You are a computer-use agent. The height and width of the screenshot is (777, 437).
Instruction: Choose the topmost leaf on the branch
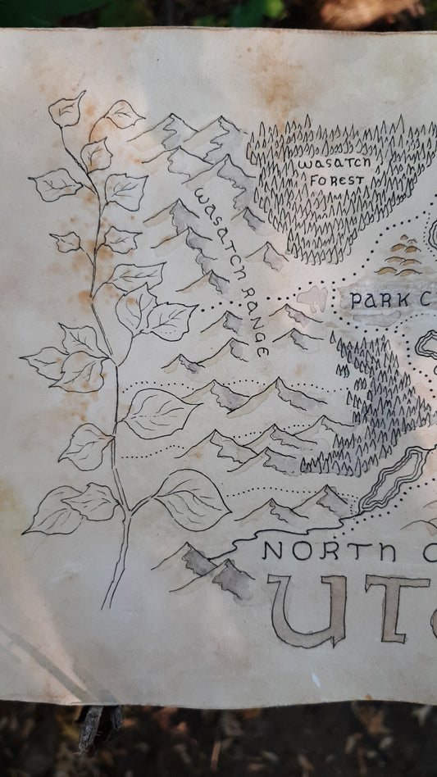(67, 110)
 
